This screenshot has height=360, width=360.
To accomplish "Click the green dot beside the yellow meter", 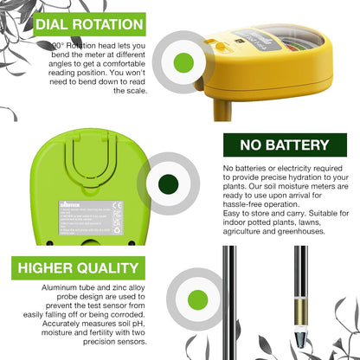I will [x=183, y=61].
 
